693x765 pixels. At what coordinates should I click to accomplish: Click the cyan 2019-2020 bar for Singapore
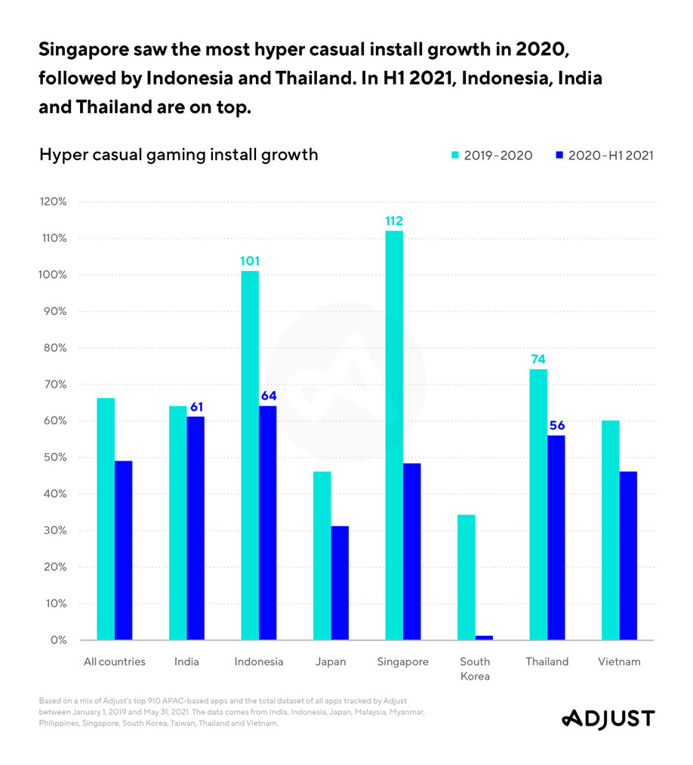tap(393, 435)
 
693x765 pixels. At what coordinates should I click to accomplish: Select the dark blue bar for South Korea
tap(484, 637)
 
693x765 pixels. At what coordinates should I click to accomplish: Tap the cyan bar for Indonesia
tap(250, 455)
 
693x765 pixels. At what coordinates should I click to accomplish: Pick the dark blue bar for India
tap(196, 529)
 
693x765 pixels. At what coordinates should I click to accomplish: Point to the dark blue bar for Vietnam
tap(628, 556)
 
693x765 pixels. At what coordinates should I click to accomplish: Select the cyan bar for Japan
tap(322, 556)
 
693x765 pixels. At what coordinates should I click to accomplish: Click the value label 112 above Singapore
tap(393, 221)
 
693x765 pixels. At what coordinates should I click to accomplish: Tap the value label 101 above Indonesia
tap(250, 261)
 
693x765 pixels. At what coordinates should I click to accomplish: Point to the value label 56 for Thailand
tap(556, 425)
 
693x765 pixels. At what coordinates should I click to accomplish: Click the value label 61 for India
tap(196, 407)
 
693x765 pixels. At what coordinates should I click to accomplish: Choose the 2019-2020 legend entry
tap(491, 156)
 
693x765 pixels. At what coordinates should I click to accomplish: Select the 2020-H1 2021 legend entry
tap(603, 156)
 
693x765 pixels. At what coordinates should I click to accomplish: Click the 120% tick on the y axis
tap(54, 202)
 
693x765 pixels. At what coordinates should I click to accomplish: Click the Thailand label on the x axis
tap(547, 662)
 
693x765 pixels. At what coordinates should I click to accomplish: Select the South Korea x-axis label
tap(475, 668)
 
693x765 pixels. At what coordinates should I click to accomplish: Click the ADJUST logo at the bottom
tap(608, 718)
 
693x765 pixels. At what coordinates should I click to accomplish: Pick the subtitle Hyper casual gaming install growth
tap(178, 155)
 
